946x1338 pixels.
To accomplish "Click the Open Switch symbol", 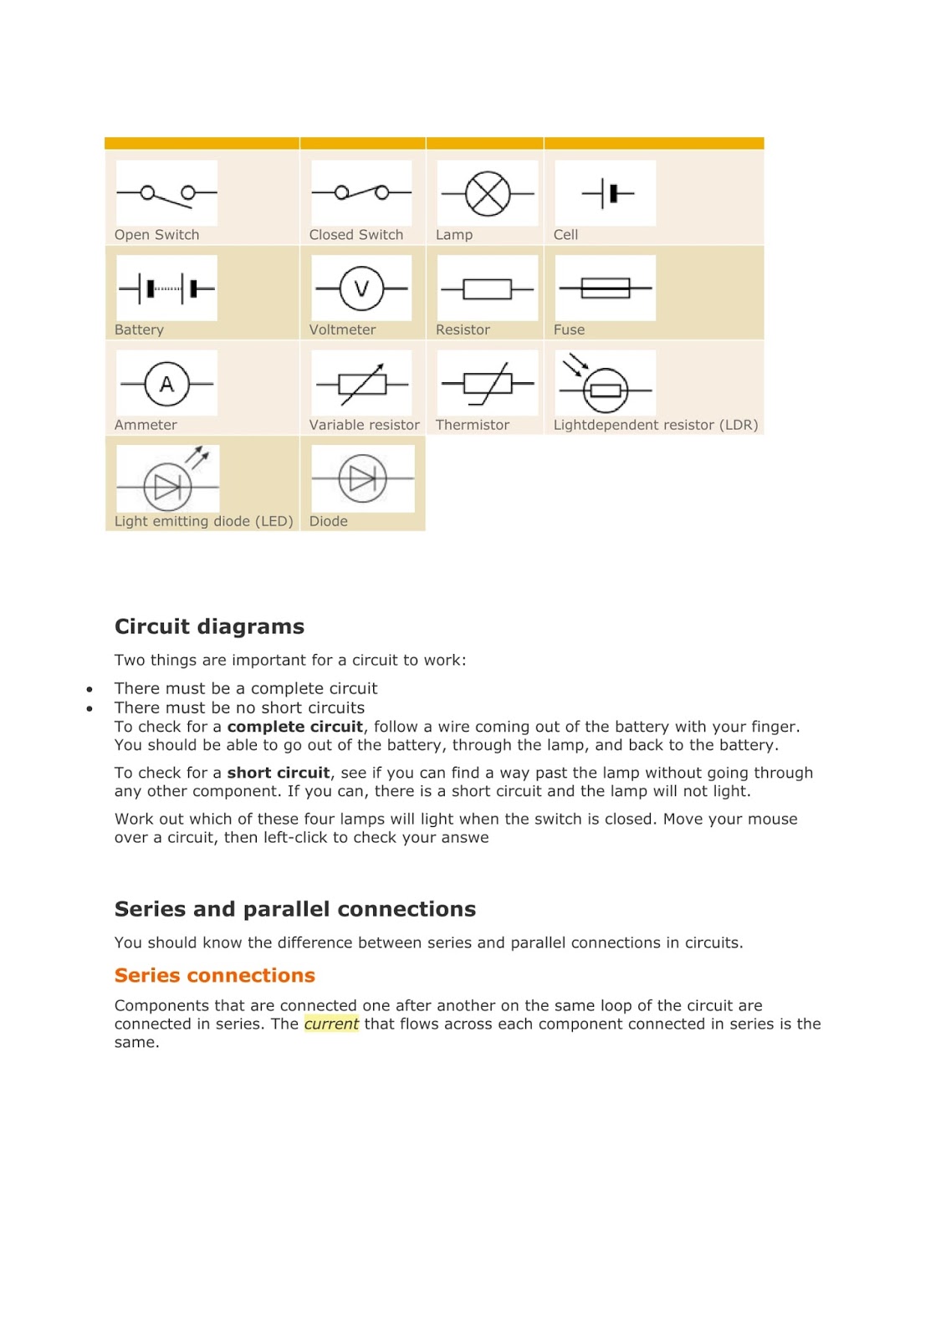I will tap(166, 194).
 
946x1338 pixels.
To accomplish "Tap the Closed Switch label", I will tap(355, 235).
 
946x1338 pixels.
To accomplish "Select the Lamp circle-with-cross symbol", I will tap(487, 193).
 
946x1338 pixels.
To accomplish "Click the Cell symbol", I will tap(607, 193).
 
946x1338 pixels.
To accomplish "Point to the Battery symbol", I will tap(166, 289).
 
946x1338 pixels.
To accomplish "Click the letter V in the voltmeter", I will tap(361, 289).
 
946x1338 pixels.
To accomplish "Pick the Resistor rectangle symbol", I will tap(487, 289).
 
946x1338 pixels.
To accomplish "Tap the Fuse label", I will tap(569, 329).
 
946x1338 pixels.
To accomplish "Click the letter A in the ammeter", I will tap(166, 384).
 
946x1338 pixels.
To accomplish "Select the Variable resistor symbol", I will tap(362, 383).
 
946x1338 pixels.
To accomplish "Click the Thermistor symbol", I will tap(488, 383).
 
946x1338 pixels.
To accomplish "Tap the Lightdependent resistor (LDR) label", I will tap(655, 425).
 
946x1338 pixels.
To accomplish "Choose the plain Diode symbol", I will tap(362, 478).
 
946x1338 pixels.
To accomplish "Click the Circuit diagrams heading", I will tap(209, 626).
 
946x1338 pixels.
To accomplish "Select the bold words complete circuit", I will tap(294, 727).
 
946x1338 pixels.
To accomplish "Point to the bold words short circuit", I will tap(278, 773).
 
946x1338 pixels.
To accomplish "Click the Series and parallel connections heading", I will tap(294, 909).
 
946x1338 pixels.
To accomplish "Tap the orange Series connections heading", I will tap(214, 975).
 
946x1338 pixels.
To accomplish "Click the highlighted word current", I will tap(331, 1024).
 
